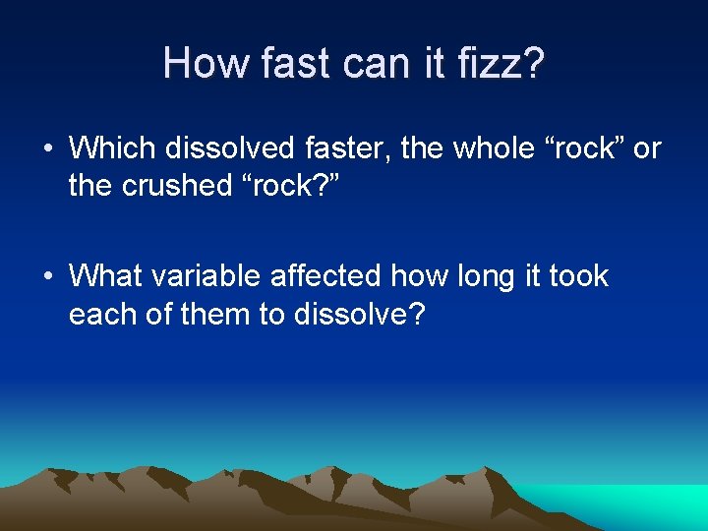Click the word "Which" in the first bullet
coord(113,148)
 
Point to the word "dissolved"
coord(229,148)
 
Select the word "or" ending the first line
coord(647,148)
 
